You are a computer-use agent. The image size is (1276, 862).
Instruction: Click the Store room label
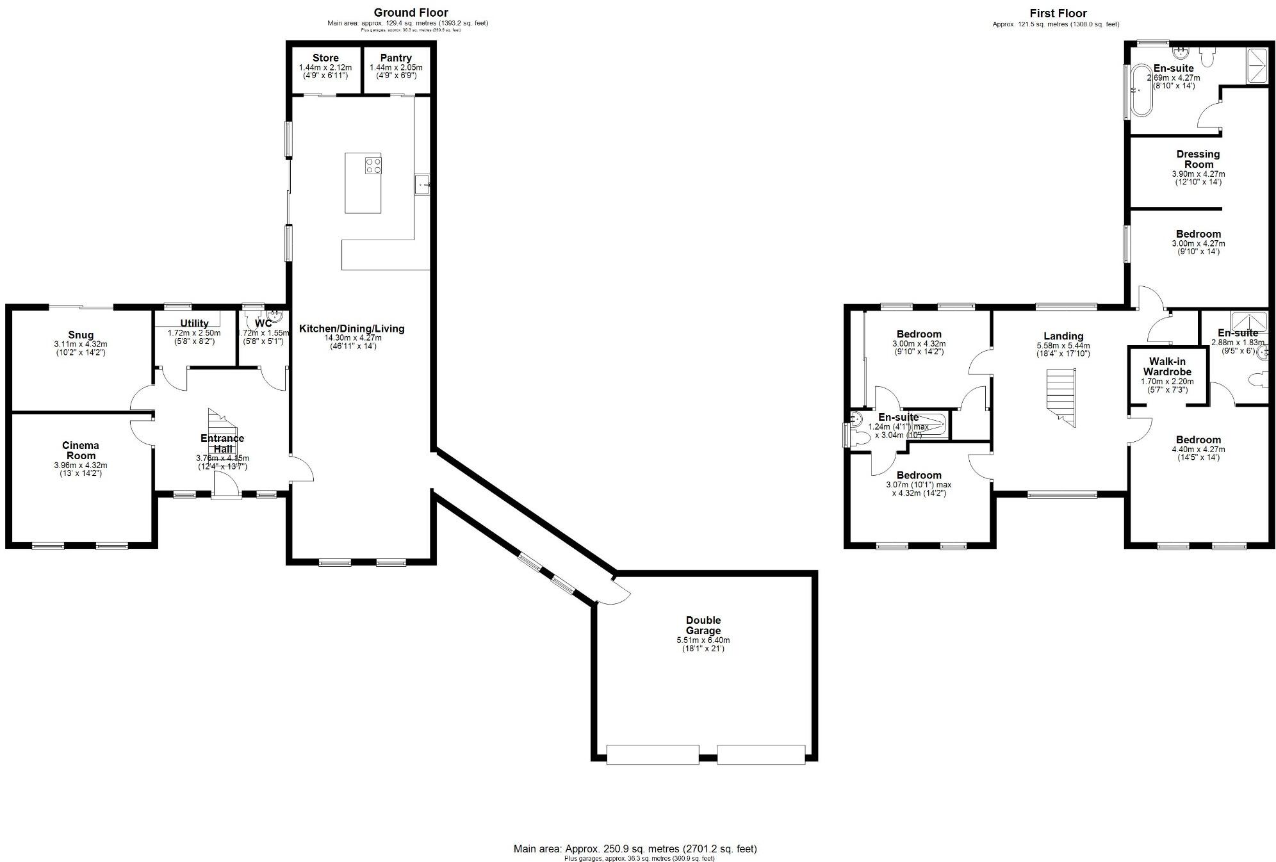tap(325, 58)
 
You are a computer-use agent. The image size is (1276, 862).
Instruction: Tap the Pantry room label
tap(396, 58)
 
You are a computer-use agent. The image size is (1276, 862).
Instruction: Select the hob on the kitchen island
tap(373, 167)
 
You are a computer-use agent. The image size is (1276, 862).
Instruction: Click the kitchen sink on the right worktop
tap(423, 184)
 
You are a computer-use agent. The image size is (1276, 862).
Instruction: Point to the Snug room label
tap(81, 335)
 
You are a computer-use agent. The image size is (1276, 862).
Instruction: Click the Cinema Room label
tap(81, 450)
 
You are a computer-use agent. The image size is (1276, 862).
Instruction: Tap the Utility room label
tap(194, 323)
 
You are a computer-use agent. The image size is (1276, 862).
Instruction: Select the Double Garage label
tap(703, 625)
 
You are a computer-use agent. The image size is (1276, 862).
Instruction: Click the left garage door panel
tap(652, 754)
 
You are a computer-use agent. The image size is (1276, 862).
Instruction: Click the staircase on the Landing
tap(1061, 397)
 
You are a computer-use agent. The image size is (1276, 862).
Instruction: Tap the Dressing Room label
tap(1198, 159)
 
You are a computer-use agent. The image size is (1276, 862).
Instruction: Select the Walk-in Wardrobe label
tap(1167, 366)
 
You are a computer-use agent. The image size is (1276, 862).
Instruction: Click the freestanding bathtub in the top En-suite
tap(1140, 92)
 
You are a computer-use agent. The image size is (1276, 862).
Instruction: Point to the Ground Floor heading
tap(411, 13)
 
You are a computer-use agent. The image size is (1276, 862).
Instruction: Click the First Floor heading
tap(1058, 13)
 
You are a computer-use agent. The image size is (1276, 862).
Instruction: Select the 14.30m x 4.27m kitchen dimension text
tap(352, 338)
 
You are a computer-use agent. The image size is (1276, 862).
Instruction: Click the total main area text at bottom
tap(635, 849)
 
